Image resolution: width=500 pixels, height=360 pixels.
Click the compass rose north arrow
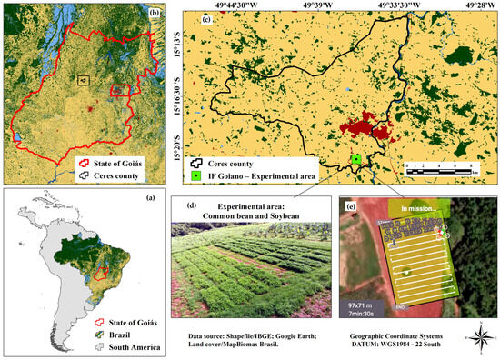tap(478, 337)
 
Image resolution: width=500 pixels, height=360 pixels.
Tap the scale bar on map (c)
tap(439, 168)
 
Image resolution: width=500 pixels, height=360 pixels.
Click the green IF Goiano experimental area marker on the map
tap(356, 158)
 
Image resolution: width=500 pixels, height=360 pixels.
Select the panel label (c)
tap(206, 20)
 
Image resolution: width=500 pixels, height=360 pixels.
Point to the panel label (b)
tap(155, 15)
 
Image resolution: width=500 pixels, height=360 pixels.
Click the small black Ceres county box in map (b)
tap(83, 80)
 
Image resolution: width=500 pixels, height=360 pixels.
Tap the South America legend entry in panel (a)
tap(123, 345)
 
